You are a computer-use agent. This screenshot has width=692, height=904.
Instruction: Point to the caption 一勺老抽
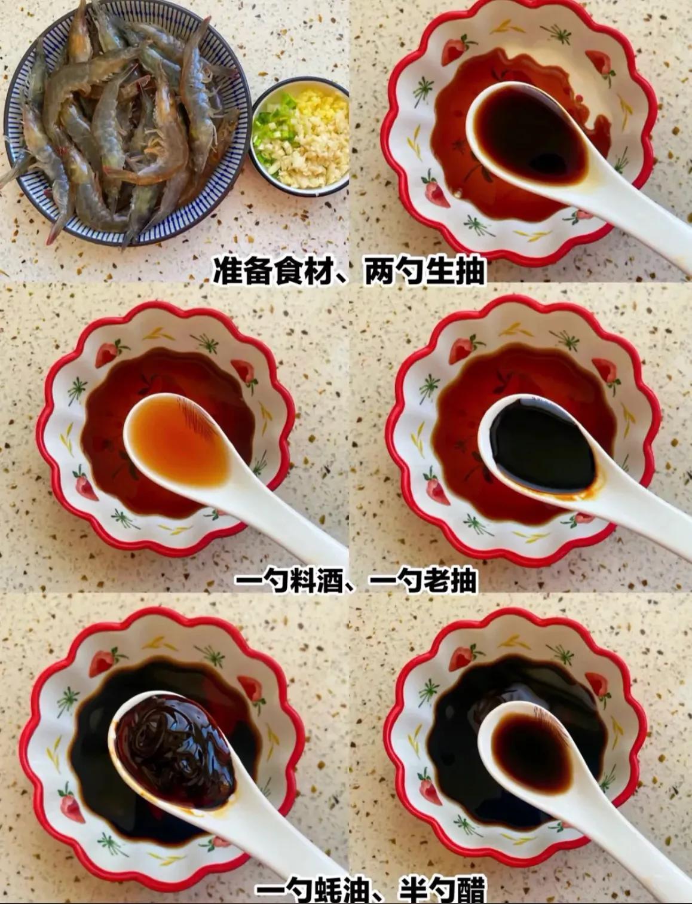424,580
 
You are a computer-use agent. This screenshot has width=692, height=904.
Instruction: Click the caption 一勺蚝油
311,890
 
